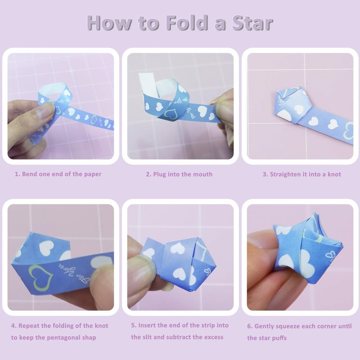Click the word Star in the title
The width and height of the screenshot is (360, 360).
click(252, 23)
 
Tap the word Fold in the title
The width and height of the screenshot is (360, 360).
click(186, 22)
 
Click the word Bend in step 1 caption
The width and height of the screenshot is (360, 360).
click(30, 174)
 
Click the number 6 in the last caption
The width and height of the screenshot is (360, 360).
click(250, 326)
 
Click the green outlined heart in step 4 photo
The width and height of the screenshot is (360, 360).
click(41, 276)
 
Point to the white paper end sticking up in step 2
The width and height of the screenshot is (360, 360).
click(148, 83)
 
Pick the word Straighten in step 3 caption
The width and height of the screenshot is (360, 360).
click(285, 174)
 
